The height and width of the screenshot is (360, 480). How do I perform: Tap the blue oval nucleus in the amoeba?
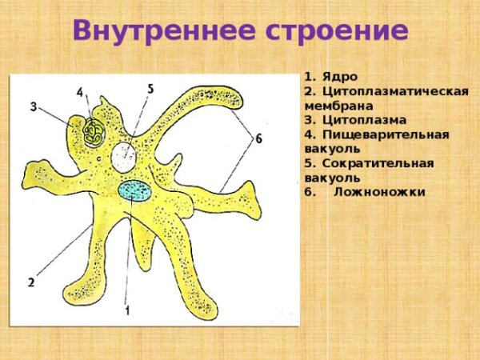(134, 190)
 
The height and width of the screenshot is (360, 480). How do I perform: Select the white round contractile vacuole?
(124, 156)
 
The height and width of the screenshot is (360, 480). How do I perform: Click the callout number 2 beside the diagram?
(30, 282)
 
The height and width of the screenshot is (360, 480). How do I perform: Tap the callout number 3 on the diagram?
(34, 106)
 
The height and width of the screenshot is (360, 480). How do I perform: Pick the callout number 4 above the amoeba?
(80, 93)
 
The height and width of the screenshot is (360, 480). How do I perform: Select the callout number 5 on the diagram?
(150, 88)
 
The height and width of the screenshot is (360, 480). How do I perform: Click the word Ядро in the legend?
(338, 77)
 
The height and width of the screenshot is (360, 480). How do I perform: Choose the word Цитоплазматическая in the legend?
(394, 91)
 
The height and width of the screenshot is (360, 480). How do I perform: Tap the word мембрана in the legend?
(334, 106)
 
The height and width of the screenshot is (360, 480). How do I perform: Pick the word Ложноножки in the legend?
(379, 192)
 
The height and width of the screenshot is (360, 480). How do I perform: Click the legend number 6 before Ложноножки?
(309, 192)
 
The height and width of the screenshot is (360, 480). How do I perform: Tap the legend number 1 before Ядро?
(308, 77)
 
